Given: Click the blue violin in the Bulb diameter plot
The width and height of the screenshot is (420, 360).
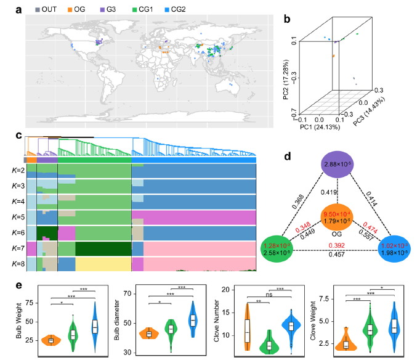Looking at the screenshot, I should tap(193, 319).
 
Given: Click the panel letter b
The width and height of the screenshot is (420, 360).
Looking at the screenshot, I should tap(286, 19).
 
